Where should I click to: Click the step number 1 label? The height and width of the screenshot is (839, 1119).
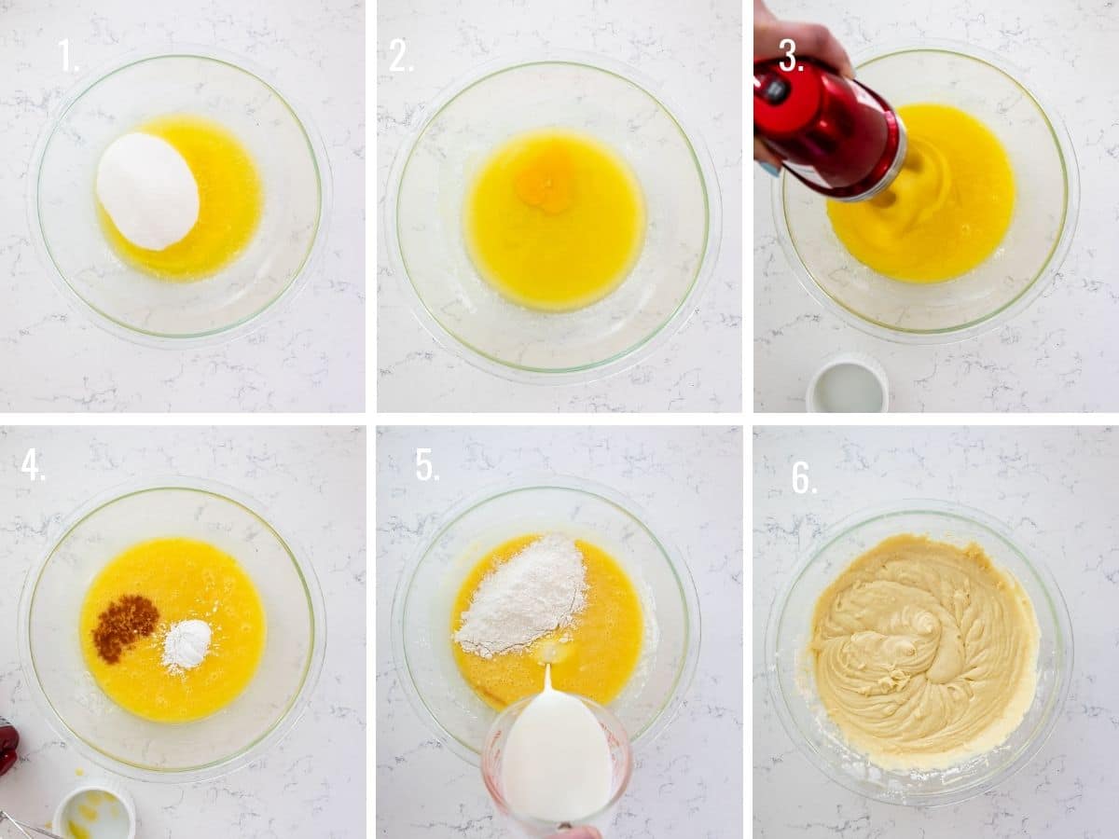(x=68, y=57)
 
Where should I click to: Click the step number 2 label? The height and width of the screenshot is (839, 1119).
(x=401, y=57)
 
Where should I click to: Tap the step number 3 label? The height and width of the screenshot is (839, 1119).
(x=790, y=57)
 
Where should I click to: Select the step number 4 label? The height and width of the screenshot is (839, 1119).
(x=33, y=464)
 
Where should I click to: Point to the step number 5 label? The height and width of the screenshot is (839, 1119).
(x=426, y=464)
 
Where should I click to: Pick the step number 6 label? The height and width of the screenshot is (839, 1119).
(x=803, y=477)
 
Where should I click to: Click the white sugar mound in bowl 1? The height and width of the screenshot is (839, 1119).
(x=147, y=190)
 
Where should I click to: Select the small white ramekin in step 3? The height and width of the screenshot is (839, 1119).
(x=847, y=385)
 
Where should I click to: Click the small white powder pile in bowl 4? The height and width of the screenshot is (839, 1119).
(x=186, y=643)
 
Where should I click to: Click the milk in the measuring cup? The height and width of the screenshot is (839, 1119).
(x=557, y=755)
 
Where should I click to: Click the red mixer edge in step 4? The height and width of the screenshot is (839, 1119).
(x=7, y=746)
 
